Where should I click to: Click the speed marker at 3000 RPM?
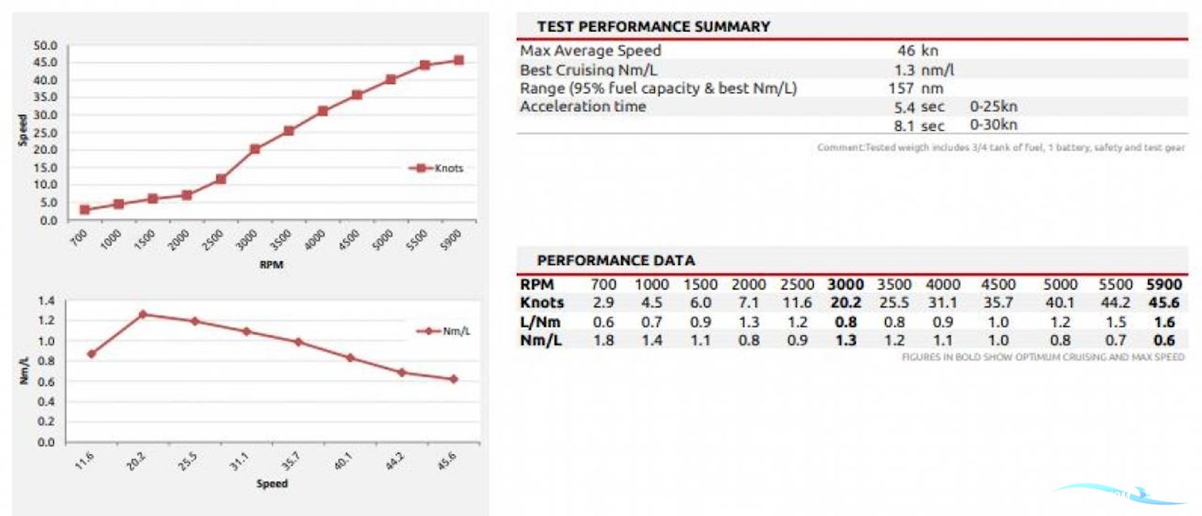[255, 149]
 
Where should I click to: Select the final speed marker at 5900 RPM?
[458, 60]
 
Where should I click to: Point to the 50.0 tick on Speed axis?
[45, 45]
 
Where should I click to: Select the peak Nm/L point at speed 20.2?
[143, 314]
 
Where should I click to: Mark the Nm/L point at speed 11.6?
[92, 354]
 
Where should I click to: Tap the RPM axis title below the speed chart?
[272, 264]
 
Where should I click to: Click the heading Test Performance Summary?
[653, 27]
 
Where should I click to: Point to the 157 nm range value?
[915, 89]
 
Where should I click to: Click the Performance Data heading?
[616, 260]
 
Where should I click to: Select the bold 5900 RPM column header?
[1163, 285]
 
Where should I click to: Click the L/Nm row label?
[540, 322]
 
